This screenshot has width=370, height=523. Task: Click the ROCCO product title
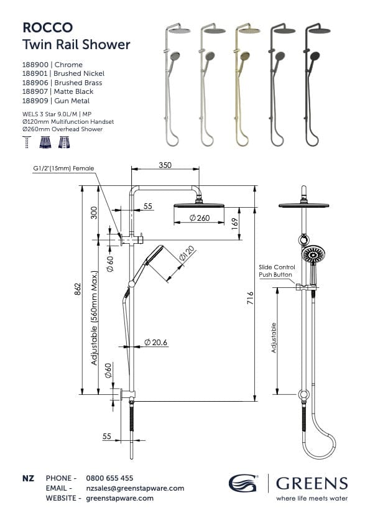[x=47, y=27]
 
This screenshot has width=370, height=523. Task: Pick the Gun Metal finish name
[x=73, y=101]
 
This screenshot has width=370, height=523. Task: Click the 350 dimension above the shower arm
[x=165, y=165]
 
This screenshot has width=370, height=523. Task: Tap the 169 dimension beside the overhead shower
[x=234, y=222]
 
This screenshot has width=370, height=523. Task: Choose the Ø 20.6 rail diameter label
[x=155, y=343]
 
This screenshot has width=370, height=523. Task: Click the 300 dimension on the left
[x=93, y=212]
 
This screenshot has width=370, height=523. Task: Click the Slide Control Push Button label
[x=276, y=271]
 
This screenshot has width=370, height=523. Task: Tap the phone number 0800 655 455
[x=109, y=478]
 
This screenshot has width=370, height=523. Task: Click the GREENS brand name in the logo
[x=312, y=483]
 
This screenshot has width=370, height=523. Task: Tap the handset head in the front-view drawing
[x=313, y=255]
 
